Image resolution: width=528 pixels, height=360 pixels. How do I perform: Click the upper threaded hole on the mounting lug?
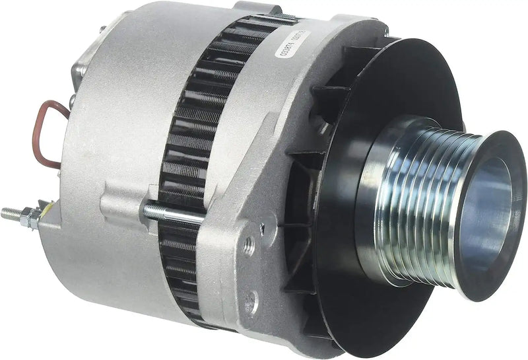tap(249, 245)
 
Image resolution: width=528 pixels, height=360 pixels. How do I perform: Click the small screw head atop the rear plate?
tap(103, 30)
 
